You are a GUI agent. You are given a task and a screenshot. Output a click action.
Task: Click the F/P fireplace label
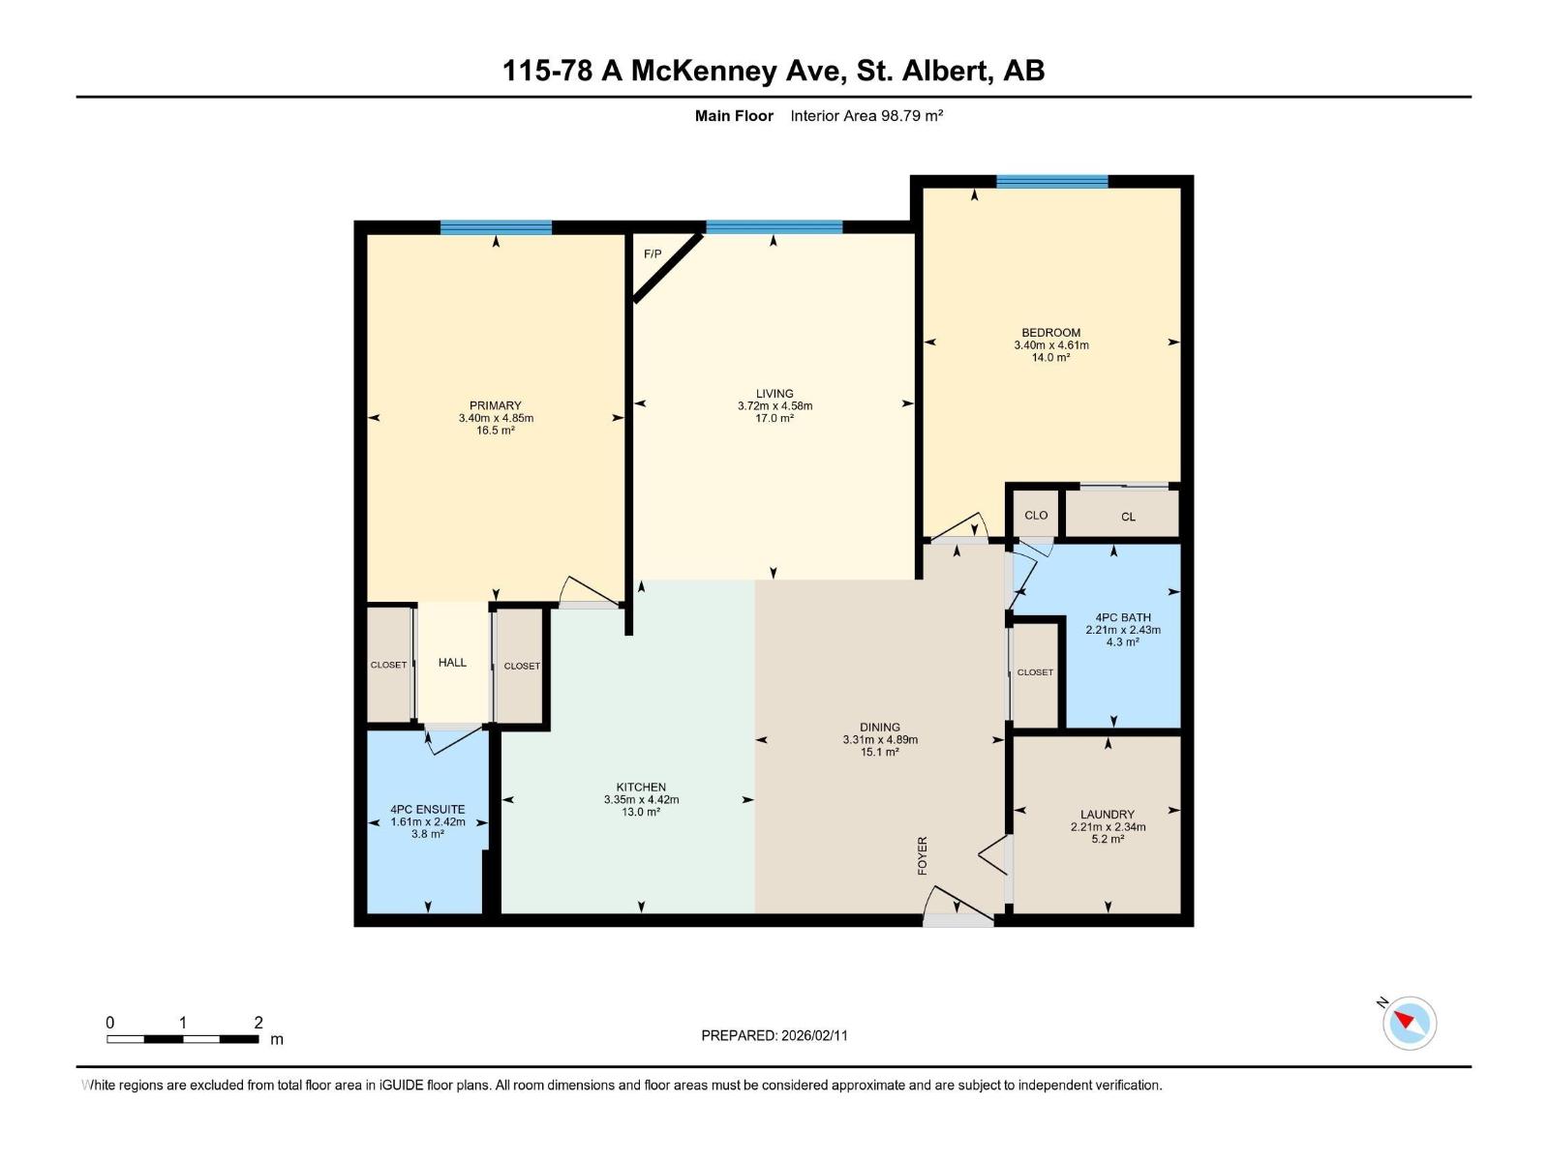click(x=653, y=254)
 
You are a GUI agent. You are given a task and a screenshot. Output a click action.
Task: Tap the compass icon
click(x=1410, y=1023)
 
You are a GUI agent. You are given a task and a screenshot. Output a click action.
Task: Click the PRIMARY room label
click(x=496, y=405)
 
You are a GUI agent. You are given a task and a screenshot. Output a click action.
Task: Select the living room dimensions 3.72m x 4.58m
click(x=774, y=406)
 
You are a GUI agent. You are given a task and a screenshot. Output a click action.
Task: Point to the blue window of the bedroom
click(x=1051, y=181)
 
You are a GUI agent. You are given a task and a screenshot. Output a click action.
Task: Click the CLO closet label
click(x=1036, y=516)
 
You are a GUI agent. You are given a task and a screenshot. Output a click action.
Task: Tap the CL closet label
click(x=1128, y=517)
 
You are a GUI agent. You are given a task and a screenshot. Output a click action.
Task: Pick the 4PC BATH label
click(x=1123, y=617)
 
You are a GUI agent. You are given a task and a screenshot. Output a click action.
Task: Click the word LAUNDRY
click(x=1108, y=815)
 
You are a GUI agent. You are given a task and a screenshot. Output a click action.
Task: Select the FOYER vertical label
click(x=923, y=856)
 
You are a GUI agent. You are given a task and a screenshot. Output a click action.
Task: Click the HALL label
click(x=452, y=663)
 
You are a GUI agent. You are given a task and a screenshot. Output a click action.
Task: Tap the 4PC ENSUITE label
click(x=428, y=810)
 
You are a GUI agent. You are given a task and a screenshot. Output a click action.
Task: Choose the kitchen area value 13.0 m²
click(x=641, y=813)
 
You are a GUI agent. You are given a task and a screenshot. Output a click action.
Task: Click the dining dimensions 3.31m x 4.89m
click(x=880, y=740)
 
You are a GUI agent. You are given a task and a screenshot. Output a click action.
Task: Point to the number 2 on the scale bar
click(x=258, y=1023)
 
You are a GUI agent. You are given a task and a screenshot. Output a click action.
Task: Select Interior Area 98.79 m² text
click(x=866, y=116)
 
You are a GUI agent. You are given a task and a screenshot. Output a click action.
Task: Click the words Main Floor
click(x=734, y=116)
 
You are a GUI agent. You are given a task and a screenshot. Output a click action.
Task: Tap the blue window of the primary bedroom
click(x=496, y=228)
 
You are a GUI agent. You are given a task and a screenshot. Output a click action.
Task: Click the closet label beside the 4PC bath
click(x=1035, y=672)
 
